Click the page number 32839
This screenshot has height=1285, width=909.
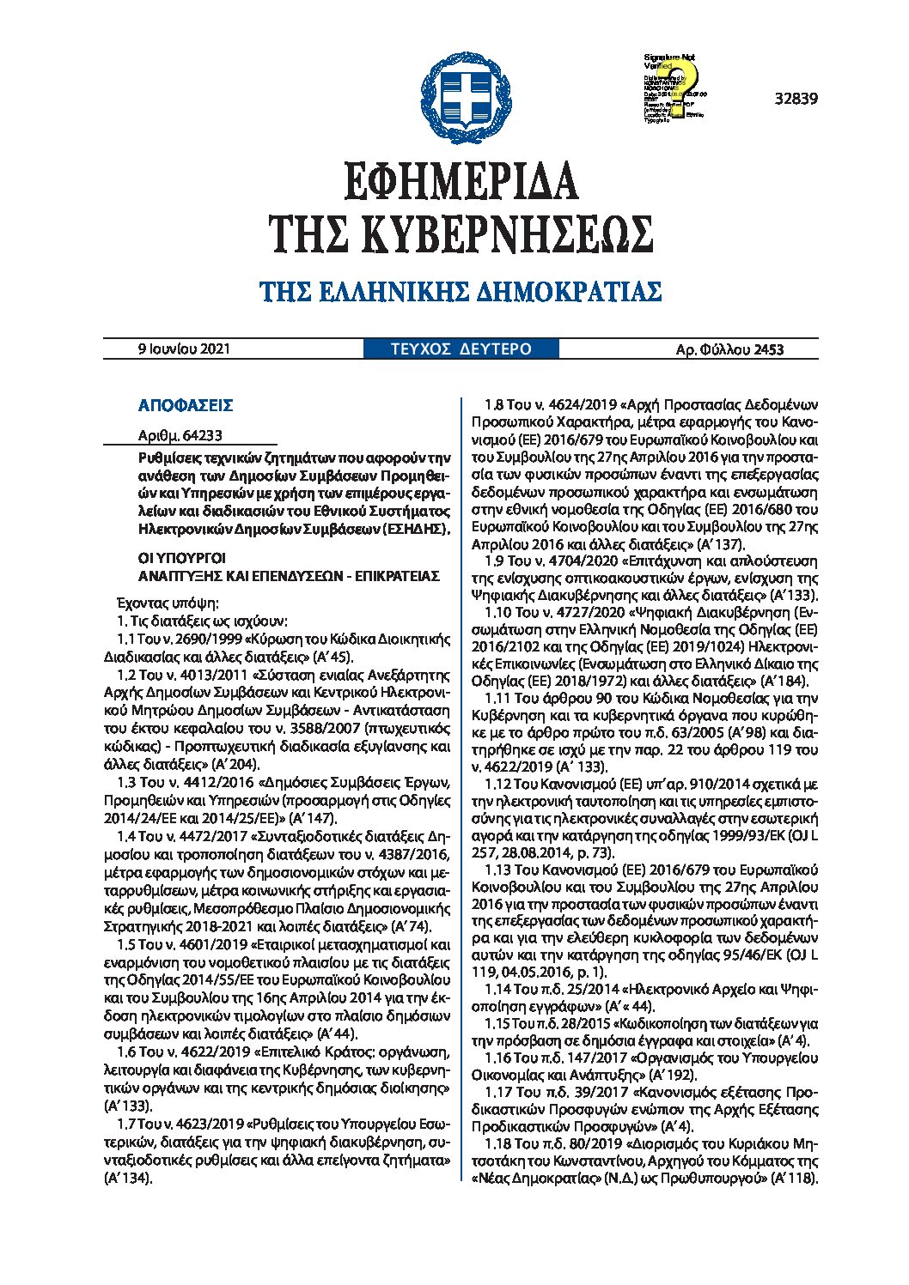pyautogui.click(x=796, y=99)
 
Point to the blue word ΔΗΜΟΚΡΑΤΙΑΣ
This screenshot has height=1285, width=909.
pyautogui.click(x=573, y=292)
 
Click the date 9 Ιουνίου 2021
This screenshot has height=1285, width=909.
pyautogui.click(x=184, y=349)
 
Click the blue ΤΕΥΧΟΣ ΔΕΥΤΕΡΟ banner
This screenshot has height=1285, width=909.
pyautogui.click(x=461, y=349)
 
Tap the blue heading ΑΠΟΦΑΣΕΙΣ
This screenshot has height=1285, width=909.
pyautogui.click(x=186, y=405)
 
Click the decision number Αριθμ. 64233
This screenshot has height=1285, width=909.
pyautogui.click(x=180, y=436)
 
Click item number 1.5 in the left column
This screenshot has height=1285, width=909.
pyautogui.click(x=126, y=945)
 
